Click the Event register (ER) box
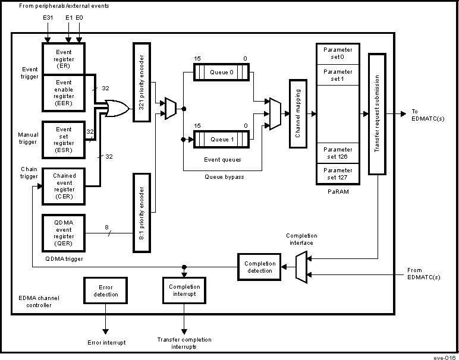point(64,58)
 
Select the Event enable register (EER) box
point(64,92)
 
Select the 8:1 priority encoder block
point(141,212)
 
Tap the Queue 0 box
point(222,72)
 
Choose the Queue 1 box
point(222,140)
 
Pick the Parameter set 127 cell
point(337,173)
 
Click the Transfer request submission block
point(378,113)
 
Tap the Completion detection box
point(260,267)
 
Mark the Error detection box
point(106,290)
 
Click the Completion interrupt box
point(184,290)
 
